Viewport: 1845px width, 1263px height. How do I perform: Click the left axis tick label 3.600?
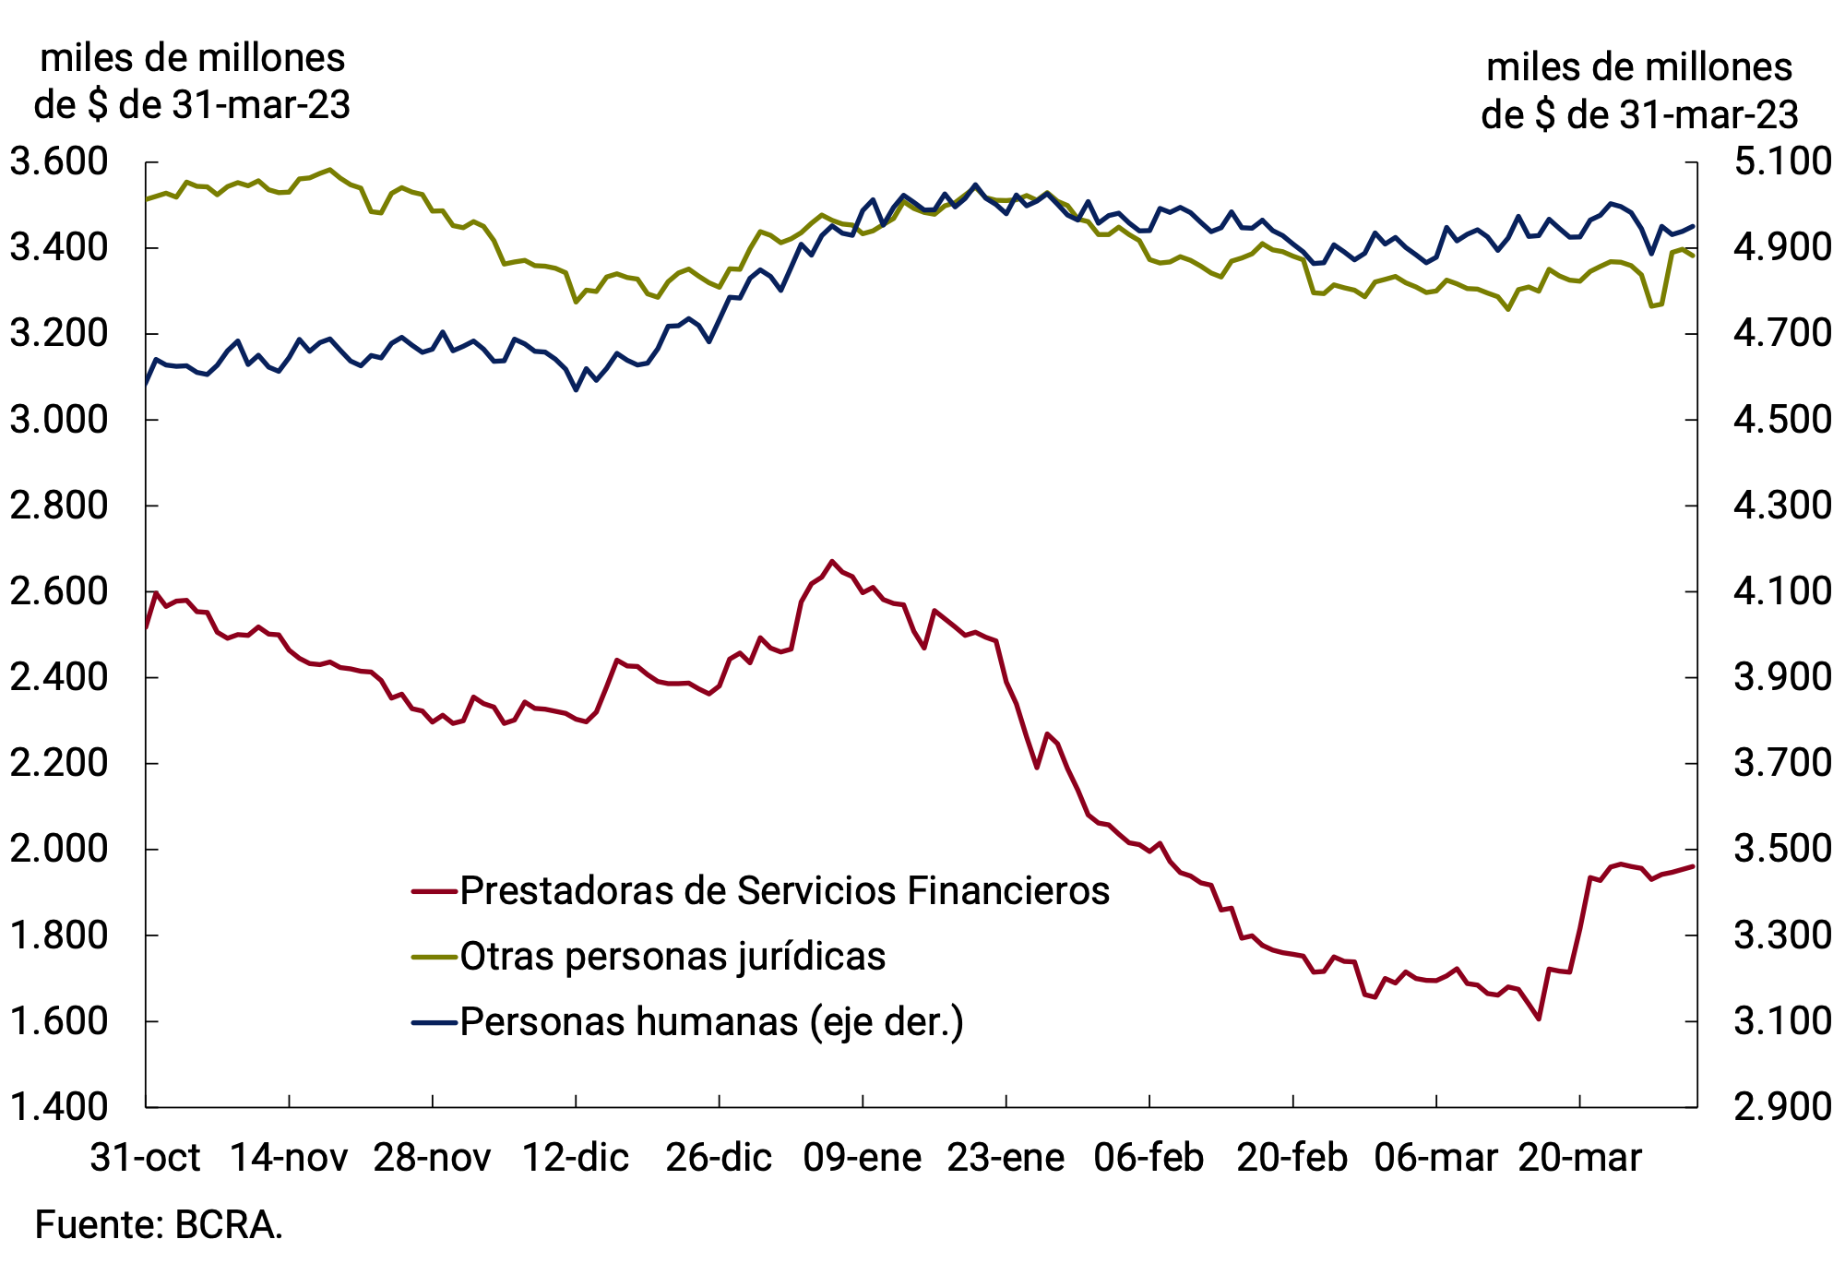pos(58,162)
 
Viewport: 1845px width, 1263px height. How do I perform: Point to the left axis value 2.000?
pos(58,849)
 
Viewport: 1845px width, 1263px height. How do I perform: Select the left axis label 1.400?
pos(58,1106)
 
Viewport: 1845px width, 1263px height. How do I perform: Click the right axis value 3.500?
pos(1782,849)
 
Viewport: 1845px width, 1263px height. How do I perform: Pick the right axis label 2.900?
pos(1782,1106)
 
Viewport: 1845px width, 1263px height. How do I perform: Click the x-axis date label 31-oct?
pos(145,1157)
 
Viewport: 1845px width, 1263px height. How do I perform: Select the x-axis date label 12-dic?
pos(576,1157)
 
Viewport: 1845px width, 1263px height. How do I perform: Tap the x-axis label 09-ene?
pos(862,1157)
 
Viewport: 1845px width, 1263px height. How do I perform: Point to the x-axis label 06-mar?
pos(1435,1157)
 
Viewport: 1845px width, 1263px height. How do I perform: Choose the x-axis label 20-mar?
pos(1579,1157)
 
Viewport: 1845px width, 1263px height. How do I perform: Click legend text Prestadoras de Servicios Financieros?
pos(784,891)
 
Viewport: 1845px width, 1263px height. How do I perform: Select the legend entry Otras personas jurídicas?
pos(673,957)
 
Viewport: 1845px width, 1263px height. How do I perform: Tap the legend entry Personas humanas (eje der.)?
pos(711,1022)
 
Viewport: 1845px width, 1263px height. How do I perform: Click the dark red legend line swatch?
pos(434,891)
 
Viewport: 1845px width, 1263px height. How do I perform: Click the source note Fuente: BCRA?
pos(159,1225)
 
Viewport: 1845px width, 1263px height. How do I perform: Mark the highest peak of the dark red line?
pos(832,561)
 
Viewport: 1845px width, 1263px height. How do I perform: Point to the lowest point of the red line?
pos(1539,1019)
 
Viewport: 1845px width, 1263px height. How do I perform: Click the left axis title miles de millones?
pos(192,58)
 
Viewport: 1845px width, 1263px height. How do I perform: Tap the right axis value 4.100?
pos(1782,591)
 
